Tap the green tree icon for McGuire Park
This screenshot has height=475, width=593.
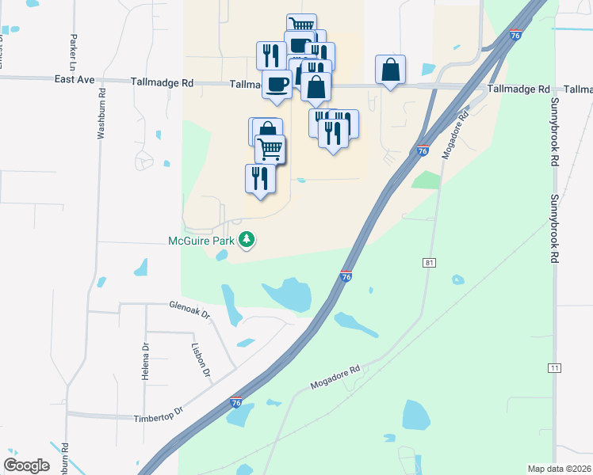point(247,238)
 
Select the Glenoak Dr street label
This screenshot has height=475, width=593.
point(189,309)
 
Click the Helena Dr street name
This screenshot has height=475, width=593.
point(146,361)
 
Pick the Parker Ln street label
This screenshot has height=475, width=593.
point(74,49)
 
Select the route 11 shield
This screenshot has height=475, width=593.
point(554,367)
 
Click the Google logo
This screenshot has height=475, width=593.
point(26,465)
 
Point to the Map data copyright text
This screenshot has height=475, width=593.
point(560,469)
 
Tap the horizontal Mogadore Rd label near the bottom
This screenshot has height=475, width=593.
point(335,376)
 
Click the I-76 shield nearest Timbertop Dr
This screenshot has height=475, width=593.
point(235,402)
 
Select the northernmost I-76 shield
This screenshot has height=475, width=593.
point(515,35)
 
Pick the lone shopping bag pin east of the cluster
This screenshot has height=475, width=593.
point(390,70)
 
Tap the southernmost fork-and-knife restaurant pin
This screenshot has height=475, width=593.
point(260,179)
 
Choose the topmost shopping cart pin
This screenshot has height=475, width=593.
point(300,26)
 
